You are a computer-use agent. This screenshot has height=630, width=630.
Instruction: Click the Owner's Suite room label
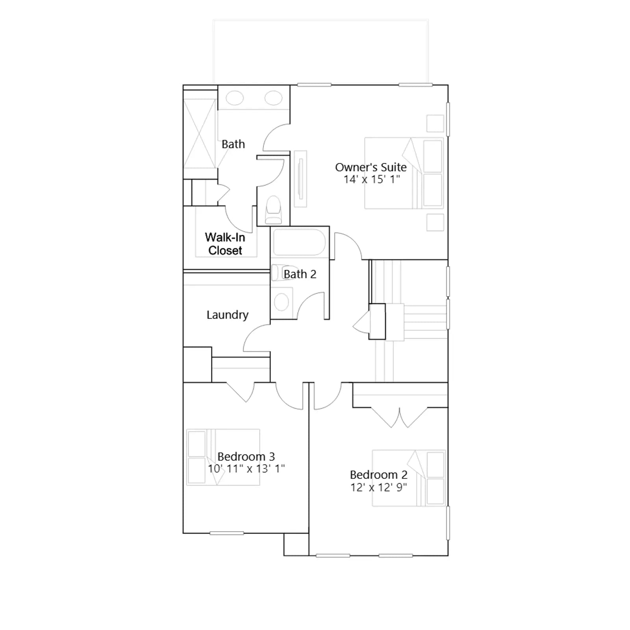(371, 167)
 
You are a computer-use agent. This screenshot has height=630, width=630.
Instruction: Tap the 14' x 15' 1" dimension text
(372, 180)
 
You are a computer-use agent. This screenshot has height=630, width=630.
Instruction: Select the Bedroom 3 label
(246, 457)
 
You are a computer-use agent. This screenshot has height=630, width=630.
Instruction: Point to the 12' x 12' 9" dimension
(379, 487)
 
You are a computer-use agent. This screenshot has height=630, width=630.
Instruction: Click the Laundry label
(228, 315)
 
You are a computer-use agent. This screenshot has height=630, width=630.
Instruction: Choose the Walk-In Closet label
(225, 244)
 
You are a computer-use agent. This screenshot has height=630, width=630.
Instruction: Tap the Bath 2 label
(300, 274)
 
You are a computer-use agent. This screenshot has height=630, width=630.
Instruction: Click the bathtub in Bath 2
(299, 242)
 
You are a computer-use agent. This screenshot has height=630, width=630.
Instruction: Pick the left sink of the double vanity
(235, 98)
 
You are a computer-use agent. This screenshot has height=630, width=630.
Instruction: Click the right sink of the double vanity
(273, 98)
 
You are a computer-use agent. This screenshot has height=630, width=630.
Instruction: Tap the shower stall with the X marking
(200, 134)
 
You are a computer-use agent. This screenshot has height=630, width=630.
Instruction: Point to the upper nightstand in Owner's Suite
(435, 123)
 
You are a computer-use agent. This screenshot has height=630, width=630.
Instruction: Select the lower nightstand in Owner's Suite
(435, 222)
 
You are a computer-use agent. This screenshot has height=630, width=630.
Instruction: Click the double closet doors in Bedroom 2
(399, 417)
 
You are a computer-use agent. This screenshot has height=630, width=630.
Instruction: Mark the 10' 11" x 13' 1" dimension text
(246, 469)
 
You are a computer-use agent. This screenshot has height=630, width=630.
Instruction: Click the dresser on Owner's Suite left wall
(300, 178)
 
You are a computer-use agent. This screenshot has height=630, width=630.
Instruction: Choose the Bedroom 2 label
(379, 475)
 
